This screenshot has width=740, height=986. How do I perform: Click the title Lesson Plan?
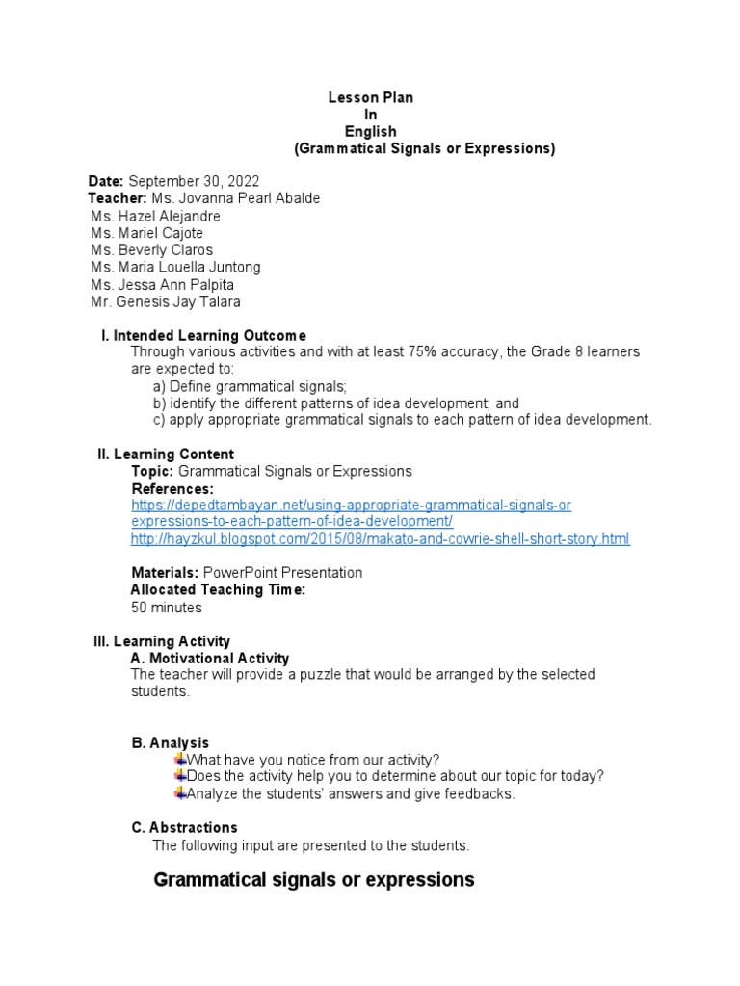(x=371, y=98)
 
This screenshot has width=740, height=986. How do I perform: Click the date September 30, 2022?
(x=194, y=181)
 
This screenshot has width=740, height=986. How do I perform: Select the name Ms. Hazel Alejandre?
(x=155, y=216)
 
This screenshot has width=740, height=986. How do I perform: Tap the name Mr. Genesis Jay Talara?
(x=166, y=302)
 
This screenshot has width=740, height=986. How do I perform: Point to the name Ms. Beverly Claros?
(x=152, y=250)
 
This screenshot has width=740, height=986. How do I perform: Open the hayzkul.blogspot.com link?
(x=381, y=539)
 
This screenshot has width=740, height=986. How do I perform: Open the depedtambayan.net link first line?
(x=351, y=505)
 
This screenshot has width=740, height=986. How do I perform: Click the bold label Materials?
(x=165, y=573)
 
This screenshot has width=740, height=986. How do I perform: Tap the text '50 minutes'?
(x=167, y=608)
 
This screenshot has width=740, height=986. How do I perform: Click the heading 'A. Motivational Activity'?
(x=209, y=659)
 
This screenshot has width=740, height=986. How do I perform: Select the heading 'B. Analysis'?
(x=170, y=742)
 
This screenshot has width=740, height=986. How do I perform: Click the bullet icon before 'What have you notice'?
(x=180, y=759)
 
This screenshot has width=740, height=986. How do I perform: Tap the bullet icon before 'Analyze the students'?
(x=180, y=793)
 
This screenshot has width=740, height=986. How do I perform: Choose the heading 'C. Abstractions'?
(x=184, y=828)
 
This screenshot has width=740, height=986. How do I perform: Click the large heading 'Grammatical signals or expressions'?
(x=314, y=880)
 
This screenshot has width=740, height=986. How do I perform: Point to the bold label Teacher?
(x=118, y=198)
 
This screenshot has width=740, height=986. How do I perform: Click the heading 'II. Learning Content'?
(x=166, y=454)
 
